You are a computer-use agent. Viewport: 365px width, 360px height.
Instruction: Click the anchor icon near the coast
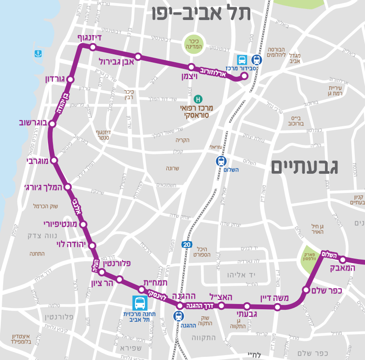(x=38, y=54)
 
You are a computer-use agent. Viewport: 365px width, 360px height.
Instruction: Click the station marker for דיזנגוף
(x=93, y=47)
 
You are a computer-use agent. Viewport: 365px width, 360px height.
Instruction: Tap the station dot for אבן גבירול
(x=138, y=56)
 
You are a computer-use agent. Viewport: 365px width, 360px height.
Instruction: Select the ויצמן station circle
(x=191, y=67)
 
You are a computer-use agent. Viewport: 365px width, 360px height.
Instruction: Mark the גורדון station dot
(x=70, y=79)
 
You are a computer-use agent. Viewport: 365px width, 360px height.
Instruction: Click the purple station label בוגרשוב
(x=33, y=122)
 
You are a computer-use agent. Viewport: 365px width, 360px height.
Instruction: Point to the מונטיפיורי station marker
(x=83, y=224)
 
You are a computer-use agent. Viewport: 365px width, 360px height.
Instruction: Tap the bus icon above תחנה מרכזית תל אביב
(x=139, y=303)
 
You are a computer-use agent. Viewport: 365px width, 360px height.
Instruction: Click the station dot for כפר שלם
(x=306, y=290)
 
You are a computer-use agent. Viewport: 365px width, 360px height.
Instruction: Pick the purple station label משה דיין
(x=274, y=298)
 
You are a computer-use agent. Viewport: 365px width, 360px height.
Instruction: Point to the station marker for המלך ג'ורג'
(x=68, y=187)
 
